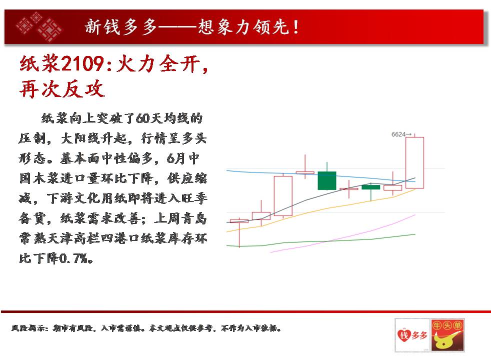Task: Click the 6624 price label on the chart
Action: (x=398, y=134)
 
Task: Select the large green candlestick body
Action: (x=327, y=180)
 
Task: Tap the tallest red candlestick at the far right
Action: (x=415, y=162)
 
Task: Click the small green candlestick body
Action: (x=371, y=187)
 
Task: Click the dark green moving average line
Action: (x=321, y=241)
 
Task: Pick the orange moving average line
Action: (x=321, y=209)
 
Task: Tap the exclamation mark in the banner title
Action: (x=296, y=27)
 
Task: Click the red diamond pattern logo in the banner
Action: (x=39, y=27)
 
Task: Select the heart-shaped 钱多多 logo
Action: (x=412, y=335)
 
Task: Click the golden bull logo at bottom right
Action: (x=447, y=335)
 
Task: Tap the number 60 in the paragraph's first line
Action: (x=143, y=118)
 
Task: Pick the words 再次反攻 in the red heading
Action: (x=62, y=89)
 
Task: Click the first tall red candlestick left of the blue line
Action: (x=283, y=195)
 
